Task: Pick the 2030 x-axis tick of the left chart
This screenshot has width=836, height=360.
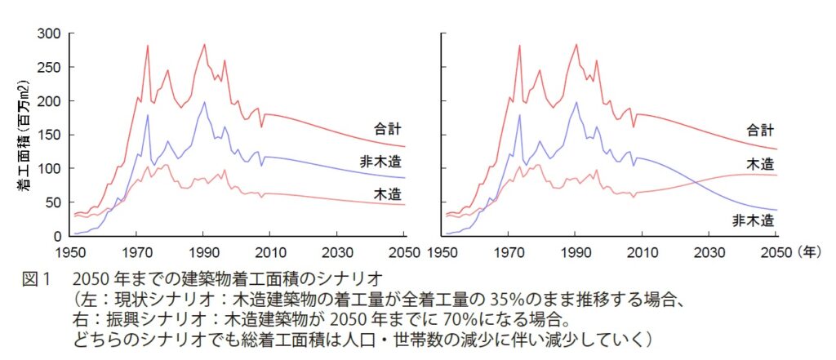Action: click(x=340, y=251)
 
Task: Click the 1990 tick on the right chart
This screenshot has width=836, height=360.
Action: click(x=576, y=251)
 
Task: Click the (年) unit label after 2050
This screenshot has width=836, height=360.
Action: click(x=812, y=251)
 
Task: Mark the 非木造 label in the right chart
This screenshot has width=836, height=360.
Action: click(x=753, y=220)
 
